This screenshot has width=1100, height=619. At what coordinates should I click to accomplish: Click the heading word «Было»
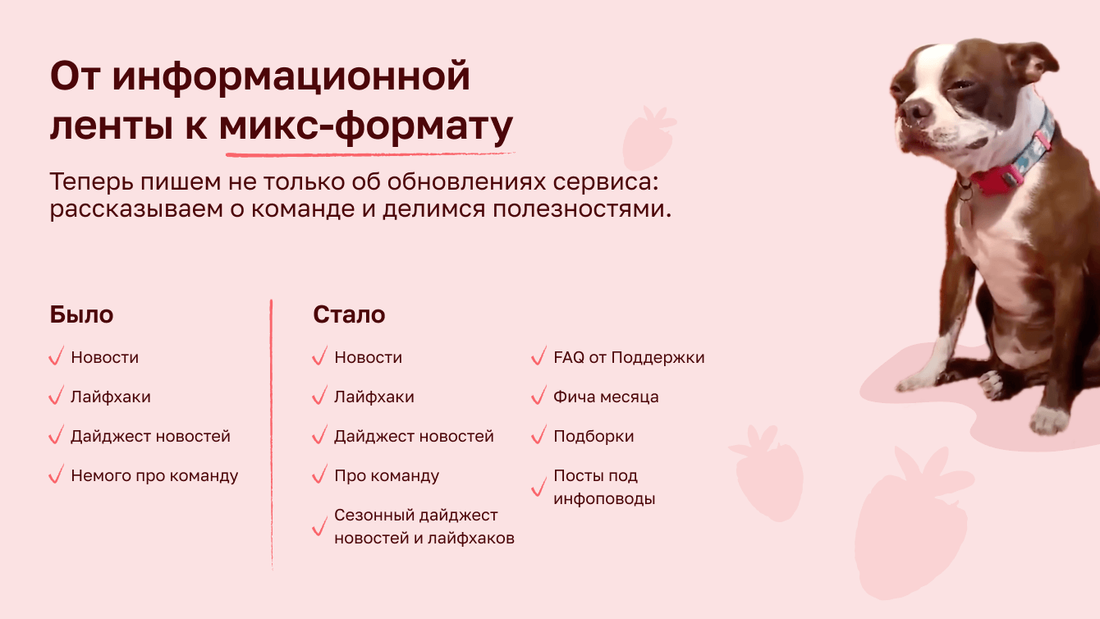81,314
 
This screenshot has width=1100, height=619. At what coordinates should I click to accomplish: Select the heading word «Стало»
349,314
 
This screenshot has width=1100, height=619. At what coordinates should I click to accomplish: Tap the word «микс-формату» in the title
366,126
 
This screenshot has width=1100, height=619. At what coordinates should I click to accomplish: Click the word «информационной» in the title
291,76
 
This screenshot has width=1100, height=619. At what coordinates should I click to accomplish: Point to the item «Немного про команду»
154,475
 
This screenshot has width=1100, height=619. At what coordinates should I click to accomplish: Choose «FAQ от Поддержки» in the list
629,357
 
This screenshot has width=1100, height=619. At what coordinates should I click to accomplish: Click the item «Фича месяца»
606,397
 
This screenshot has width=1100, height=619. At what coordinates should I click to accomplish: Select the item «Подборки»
594,436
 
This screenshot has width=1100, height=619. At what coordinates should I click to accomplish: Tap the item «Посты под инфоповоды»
604,487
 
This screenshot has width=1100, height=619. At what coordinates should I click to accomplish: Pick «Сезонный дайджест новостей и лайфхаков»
424,526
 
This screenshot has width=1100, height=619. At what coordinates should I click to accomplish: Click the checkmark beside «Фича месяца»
539,395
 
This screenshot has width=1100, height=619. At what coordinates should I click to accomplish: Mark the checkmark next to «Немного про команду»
57,474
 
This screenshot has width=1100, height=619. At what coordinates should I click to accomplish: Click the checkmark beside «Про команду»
319,474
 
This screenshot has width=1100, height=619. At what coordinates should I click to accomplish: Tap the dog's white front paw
1050,420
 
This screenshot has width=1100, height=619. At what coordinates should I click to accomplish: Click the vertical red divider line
271,434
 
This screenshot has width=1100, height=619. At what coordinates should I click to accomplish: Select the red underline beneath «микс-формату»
370,154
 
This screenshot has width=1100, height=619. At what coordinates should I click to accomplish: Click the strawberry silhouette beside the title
649,138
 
